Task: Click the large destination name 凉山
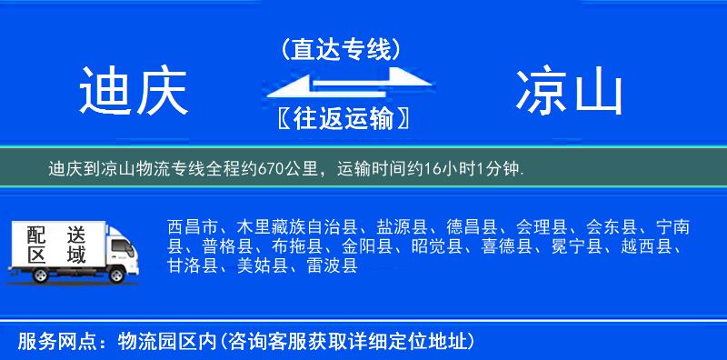coord(570,92)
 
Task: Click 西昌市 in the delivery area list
coord(193,225)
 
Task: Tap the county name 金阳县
coord(366,245)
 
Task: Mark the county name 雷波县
coord(331,265)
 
